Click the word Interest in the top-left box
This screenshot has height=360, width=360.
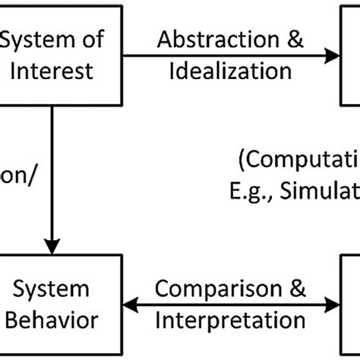coord(56,71)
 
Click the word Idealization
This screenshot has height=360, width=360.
coord(227,71)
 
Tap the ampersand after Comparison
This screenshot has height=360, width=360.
coord(297,289)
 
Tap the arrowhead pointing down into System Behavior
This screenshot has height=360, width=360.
coord(52,247)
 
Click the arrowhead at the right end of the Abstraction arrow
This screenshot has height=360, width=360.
coord(332,55)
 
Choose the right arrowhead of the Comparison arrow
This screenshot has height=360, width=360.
coord(332,303)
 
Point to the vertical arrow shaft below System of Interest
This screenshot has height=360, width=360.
coord(52,175)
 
